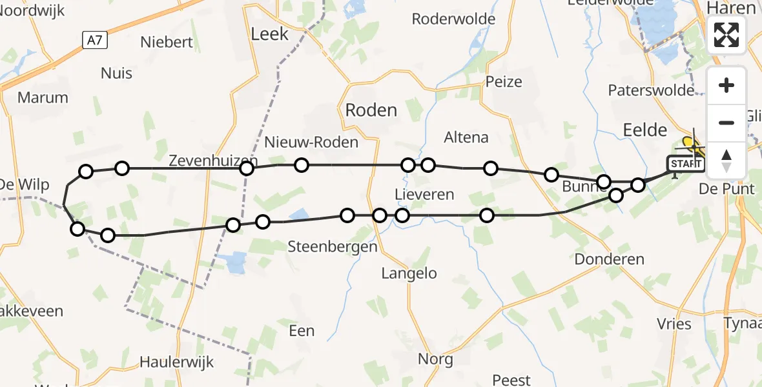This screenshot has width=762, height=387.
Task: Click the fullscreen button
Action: click(726, 34)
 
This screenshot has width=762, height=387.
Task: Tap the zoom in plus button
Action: click(726, 85)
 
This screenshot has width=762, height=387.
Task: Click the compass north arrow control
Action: click(726, 160)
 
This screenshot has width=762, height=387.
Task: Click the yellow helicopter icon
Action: click(694, 146)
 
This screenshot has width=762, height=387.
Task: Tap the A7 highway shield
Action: click(95, 41)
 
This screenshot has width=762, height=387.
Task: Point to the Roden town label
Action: click(371, 110)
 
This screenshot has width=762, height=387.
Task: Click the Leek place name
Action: click(269, 34)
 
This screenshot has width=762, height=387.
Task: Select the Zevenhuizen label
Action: click(213, 161)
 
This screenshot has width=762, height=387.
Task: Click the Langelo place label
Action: click(409, 273)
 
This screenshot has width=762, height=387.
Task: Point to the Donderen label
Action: click(610, 259)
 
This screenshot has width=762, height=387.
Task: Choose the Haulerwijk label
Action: click(177, 362)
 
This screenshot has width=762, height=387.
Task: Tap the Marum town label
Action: click(43, 98)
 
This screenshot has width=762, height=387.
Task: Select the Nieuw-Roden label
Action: click(311, 142)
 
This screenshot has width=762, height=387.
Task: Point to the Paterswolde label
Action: click(651, 90)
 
